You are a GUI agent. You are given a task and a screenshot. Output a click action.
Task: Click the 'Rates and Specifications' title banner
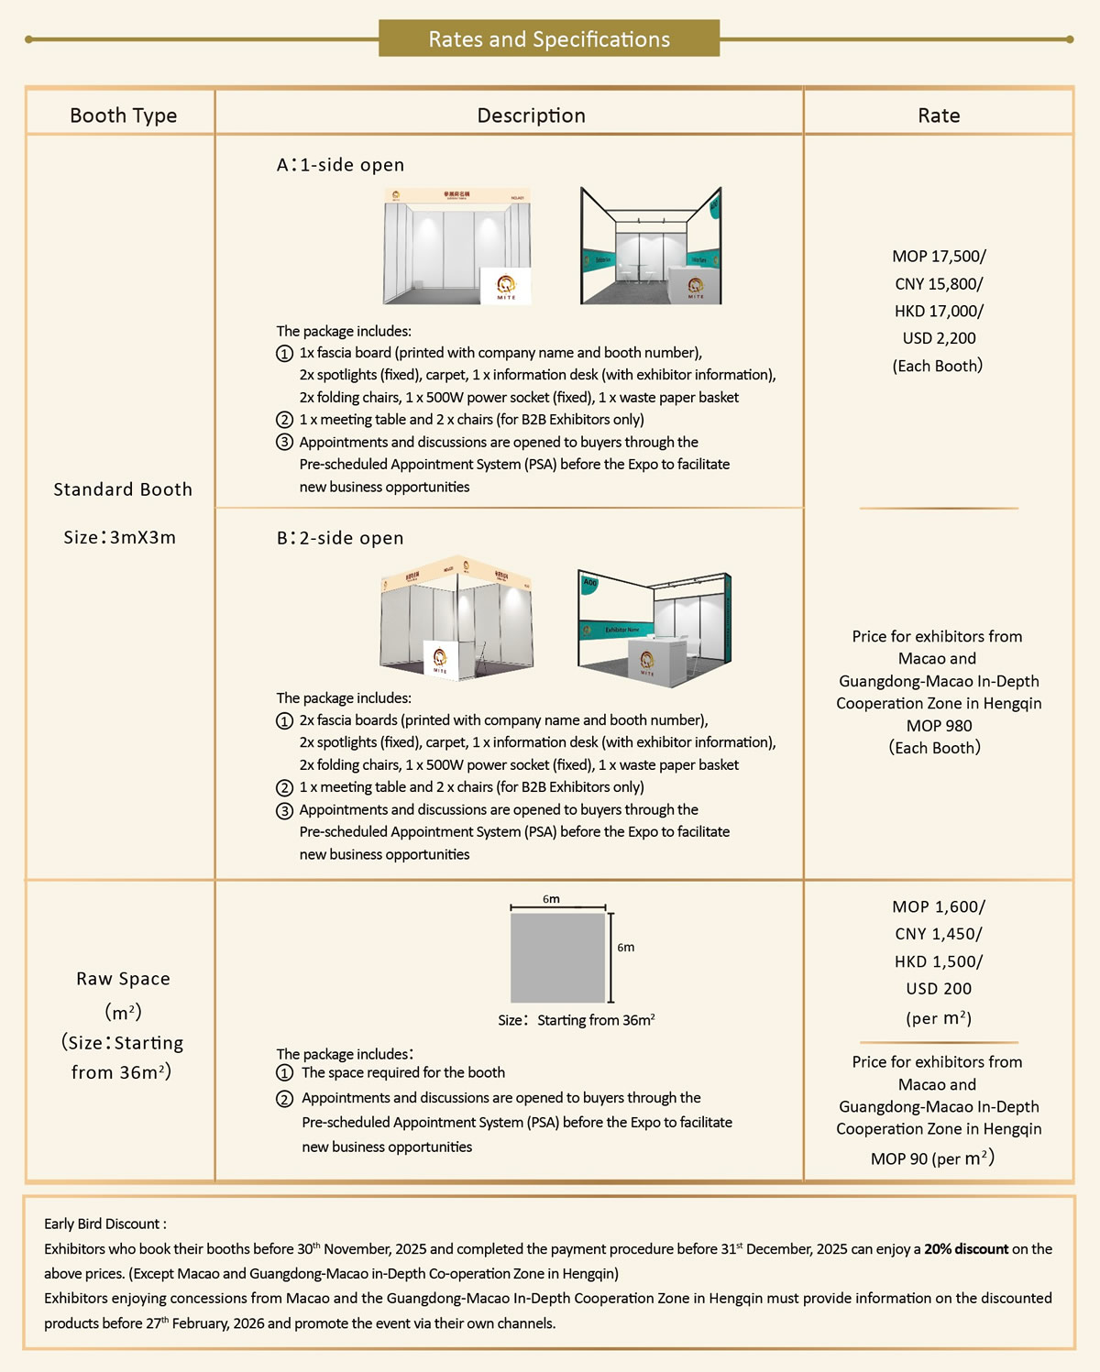coord(549,38)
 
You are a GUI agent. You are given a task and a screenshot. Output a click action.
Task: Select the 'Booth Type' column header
coord(123,115)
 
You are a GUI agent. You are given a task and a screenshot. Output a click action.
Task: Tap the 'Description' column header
coord(531,115)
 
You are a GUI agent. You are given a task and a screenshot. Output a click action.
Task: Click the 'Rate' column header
coord(939,115)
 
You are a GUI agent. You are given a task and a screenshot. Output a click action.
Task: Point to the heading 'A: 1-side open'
coord(340,165)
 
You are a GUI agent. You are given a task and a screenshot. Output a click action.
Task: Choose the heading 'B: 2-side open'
coord(340,538)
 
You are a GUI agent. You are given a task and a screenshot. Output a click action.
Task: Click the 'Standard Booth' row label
coord(123,489)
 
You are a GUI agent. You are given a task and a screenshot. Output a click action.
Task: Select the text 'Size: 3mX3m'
coord(119,537)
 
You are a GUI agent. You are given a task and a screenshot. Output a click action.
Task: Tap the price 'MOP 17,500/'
coord(939,257)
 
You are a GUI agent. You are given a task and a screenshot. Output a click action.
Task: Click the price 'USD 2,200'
coord(939,338)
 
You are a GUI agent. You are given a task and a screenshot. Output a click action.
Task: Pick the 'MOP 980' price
coord(939,726)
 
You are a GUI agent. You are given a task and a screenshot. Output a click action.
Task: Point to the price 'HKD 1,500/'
coord(939,961)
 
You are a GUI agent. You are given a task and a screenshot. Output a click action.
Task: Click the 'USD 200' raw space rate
coord(939,989)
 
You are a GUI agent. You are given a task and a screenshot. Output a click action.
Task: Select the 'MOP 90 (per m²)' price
coord(932,1158)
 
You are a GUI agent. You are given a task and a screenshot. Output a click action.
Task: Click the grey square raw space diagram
coord(557,958)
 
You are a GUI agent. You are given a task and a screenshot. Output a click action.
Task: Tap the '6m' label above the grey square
coord(551,899)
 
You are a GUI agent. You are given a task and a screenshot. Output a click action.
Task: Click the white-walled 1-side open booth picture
coord(457,247)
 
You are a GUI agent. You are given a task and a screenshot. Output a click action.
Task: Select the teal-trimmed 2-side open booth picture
coord(654,631)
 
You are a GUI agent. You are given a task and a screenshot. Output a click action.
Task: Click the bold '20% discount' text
coord(966,1249)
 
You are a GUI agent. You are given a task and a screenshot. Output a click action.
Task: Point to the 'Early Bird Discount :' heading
coord(104,1224)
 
